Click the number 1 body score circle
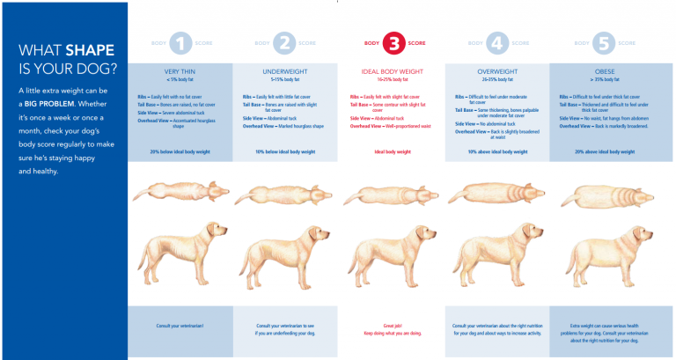tap(180, 42)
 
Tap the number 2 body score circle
tap(285, 42)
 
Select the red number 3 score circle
tap(392, 42)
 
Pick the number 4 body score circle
tap(498, 42)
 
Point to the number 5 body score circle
tap(604, 42)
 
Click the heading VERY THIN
tap(180, 70)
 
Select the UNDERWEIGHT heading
tap(285, 70)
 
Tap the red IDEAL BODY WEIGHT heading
tap(392, 70)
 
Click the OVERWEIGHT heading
tap(498, 70)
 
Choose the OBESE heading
tap(604, 70)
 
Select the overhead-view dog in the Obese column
tap(604, 192)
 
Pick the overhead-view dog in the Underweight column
tap(285, 193)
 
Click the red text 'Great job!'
tap(392, 325)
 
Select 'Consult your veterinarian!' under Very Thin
tap(180, 326)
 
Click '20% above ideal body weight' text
tap(604, 151)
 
